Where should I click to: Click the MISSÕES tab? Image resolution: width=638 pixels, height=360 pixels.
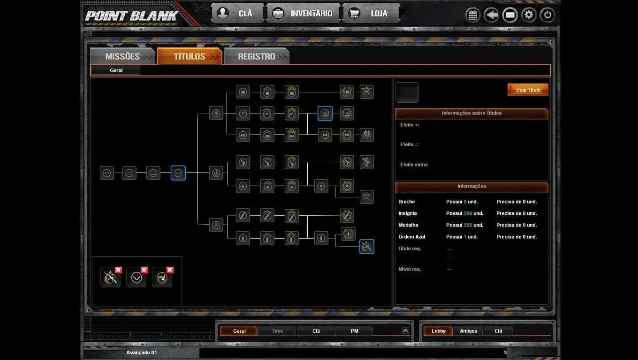(122, 56)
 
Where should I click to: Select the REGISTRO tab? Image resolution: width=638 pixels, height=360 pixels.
(257, 56)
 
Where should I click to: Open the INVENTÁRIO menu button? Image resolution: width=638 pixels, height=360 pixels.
(303, 13)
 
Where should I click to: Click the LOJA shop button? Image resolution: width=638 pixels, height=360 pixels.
(371, 13)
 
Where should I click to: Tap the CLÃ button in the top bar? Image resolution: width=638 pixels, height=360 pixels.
(237, 13)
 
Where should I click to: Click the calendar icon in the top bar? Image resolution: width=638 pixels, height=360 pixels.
(473, 15)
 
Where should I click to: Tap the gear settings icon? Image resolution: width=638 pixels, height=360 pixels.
(529, 15)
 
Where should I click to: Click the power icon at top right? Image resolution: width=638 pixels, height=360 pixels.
(547, 15)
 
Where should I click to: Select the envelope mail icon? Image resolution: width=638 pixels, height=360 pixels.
(510, 15)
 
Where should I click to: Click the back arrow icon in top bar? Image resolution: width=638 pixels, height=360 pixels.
(491, 15)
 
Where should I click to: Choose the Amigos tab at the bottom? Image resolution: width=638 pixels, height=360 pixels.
(468, 331)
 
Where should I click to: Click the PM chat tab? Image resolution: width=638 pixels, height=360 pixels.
(354, 331)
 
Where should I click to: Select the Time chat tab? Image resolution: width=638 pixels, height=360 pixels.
(277, 331)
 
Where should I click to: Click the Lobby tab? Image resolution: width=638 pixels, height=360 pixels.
(438, 331)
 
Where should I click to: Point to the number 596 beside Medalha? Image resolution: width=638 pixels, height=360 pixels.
(468, 225)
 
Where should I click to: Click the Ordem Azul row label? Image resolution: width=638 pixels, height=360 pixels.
(411, 237)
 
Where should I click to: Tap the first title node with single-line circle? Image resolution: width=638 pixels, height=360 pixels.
(107, 173)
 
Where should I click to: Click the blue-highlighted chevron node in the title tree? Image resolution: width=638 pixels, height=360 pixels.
(178, 173)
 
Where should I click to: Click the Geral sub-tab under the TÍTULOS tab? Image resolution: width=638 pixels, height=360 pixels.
(116, 70)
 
